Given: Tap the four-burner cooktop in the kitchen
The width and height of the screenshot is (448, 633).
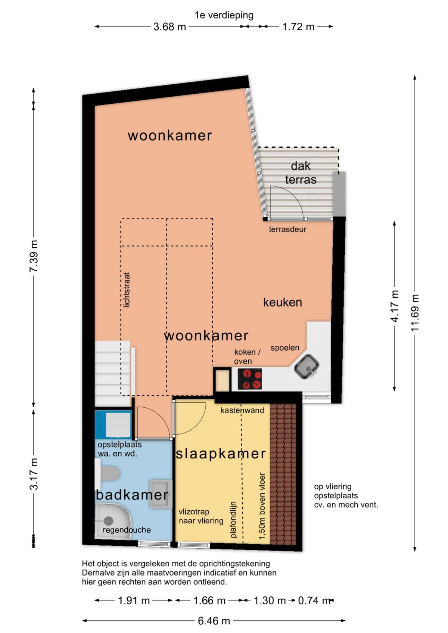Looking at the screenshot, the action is click(x=250, y=379).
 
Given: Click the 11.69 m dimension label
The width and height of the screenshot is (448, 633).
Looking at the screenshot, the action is click(x=415, y=313).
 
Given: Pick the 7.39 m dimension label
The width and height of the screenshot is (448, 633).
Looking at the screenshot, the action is click(x=34, y=256).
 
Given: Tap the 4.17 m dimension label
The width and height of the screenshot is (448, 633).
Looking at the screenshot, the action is click(x=394, y=306).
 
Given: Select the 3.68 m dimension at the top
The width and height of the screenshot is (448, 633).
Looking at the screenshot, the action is click(x=170, y=27).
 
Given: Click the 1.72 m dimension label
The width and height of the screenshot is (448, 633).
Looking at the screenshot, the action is click(x=298, y=27).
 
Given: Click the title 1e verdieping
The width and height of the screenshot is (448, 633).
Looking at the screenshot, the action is click(x=224, y=15).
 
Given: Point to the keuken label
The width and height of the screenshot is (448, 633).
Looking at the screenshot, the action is click(x=283, y=303).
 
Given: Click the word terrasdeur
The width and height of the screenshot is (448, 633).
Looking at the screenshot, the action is click(x=287, y=229).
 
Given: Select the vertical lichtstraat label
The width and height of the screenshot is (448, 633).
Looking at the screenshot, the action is click(x=127, y=290).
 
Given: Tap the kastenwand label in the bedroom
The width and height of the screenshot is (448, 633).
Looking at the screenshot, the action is click(x=242, y=410).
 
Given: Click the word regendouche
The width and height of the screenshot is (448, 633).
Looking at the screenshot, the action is click(x=127, y=530).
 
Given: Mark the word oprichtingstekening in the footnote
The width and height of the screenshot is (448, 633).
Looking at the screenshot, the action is click(x=234, y=564).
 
